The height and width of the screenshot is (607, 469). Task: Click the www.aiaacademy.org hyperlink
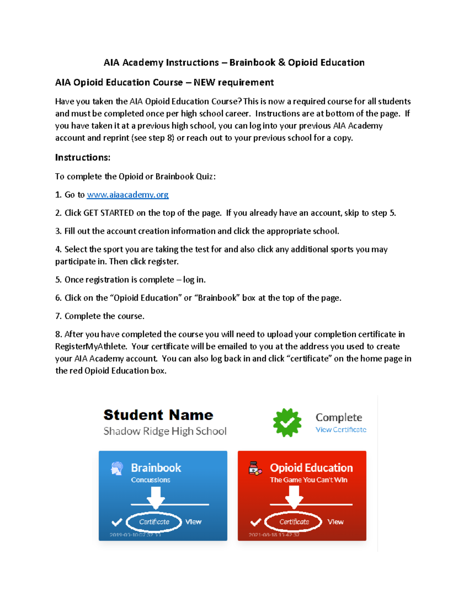click(x=127, y=195)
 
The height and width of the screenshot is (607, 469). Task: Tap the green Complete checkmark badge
click(x=287, y=423)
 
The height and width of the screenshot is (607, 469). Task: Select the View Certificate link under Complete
click(x=341, y=430)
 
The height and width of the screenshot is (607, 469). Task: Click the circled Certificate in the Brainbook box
click(x=154, y=522)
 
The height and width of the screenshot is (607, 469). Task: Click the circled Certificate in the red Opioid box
click(x=294, y=522)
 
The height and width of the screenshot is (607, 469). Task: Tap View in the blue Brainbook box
click(x=193, y=522)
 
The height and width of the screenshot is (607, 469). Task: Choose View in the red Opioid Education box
click(x=335, y=522)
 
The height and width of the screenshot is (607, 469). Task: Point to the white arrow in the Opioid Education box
click(x=294, y=497)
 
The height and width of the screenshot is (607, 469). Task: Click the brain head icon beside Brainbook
click(x=116, y=468)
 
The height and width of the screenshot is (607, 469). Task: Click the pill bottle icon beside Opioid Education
click(x=255, y=468)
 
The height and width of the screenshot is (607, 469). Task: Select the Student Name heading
click(x=158, y=415)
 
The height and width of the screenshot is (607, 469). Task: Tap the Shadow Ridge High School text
click(x=165, y=431)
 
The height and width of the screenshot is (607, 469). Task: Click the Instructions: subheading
click(x=82, y=158)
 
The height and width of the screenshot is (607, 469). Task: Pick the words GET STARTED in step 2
click(x=109, y=213)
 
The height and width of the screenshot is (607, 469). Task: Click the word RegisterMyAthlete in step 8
click(x=91, y=347)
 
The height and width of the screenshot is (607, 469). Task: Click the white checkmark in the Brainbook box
click(x=117, y=522)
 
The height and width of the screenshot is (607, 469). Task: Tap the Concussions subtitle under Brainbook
click(x=150, y=480)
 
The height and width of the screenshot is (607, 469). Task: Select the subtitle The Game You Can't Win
click(x=308, y=480)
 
